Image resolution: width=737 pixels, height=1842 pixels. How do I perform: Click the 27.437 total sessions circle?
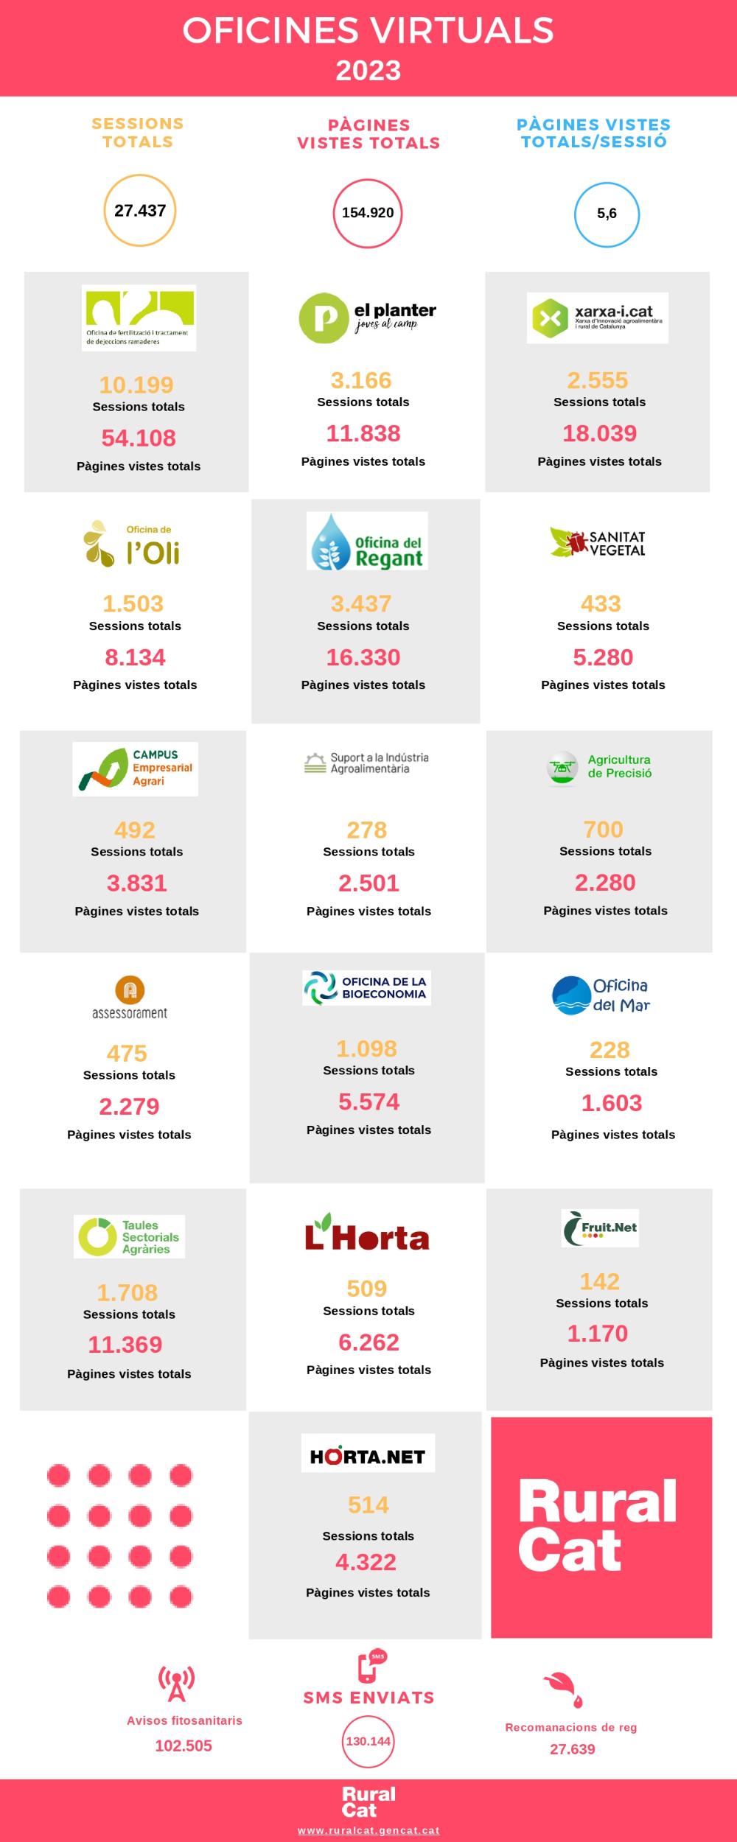[140, 211]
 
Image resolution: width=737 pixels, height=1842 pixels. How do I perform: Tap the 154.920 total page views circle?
[368, 213]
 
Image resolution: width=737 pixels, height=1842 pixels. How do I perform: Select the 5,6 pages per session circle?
[607, 214]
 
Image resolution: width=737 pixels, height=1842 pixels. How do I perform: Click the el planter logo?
[367, 318]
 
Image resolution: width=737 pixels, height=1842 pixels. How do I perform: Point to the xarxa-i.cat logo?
[597, 318]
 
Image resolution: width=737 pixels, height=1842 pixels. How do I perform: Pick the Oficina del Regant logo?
[367, 541]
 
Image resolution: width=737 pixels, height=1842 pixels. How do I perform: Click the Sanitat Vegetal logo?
[598, 542]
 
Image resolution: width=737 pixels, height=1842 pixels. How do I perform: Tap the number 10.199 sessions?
[136, 385]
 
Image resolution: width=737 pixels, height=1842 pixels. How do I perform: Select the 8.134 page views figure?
[135, 657]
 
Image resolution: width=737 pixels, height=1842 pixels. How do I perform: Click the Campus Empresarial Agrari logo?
[135, 768]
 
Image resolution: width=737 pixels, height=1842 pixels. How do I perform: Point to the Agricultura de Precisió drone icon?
[562, 768]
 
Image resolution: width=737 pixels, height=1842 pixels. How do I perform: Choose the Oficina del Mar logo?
[601, 995]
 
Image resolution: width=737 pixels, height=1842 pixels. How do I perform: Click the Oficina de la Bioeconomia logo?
[366, 988]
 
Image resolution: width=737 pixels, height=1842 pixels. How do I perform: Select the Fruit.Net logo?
[600, 1228]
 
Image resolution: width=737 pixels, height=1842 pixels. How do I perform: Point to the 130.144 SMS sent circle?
[368, 1741]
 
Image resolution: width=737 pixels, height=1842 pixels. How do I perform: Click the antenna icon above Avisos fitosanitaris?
[177, 1684]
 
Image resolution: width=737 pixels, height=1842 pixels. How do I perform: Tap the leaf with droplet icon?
[564, 1687]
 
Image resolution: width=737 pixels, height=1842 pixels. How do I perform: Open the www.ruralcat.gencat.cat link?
[368, 1830]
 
